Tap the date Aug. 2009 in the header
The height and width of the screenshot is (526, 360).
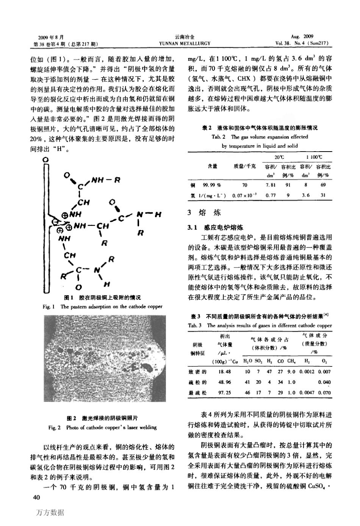pyautogui.click(x=302, y=37)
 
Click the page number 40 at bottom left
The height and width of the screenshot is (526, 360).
pyautogui.click(x=37, y=497)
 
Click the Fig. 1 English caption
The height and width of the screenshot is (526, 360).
pyautogui.click(x=102, y=306)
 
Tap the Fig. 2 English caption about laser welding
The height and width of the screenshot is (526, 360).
pyautogui.click(x=102, y=427)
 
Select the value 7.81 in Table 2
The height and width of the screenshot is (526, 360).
pyautogui.click(x=271, y=185)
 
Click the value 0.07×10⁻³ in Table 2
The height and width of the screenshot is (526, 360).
pyautogui.click(x=244, y=195)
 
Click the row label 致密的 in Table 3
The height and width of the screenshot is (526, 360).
pyautogui.click(x=197, y=372)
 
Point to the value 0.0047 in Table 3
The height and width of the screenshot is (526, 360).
pyautogui.click(x=307, y=393)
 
